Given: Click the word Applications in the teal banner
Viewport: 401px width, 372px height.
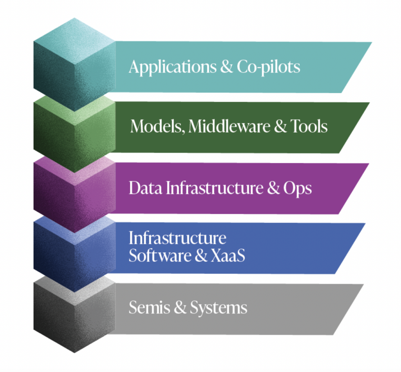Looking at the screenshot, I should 171,67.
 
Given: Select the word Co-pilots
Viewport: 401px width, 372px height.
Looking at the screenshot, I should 268,67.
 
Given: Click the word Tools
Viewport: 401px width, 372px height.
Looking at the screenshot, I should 309,126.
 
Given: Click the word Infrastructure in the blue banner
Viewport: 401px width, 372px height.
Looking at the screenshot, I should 177,238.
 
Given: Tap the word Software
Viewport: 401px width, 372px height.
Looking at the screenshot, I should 158,255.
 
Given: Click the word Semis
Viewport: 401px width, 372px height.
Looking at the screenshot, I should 149,308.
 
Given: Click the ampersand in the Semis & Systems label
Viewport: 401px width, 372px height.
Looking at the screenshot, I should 180,308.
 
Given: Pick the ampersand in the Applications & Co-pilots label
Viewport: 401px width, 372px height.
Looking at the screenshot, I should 226,67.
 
